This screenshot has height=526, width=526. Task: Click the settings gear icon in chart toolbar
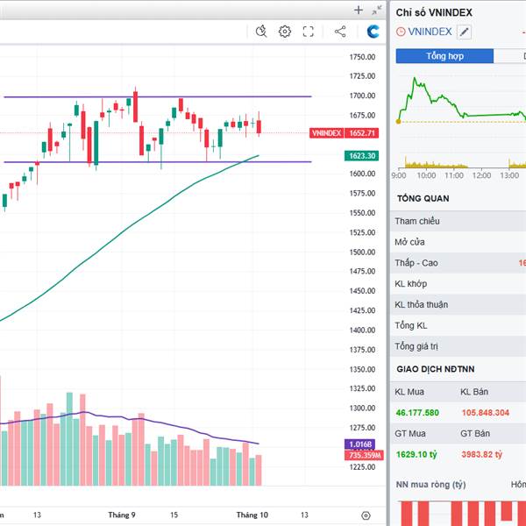285,32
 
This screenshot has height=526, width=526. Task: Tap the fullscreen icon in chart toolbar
309,32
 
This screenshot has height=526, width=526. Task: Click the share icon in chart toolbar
340,32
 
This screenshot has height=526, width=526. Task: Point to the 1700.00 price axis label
362,96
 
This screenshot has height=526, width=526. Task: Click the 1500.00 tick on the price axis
362,252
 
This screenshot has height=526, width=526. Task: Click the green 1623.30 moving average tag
362,156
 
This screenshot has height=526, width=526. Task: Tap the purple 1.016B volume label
362,444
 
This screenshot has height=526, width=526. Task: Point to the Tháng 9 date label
122,515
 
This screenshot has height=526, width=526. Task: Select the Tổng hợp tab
444,56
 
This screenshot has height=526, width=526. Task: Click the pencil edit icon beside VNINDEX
464,32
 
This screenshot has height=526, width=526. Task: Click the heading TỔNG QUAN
423,198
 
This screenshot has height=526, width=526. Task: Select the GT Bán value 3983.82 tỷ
481,454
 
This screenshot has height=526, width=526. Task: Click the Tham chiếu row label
417,221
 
